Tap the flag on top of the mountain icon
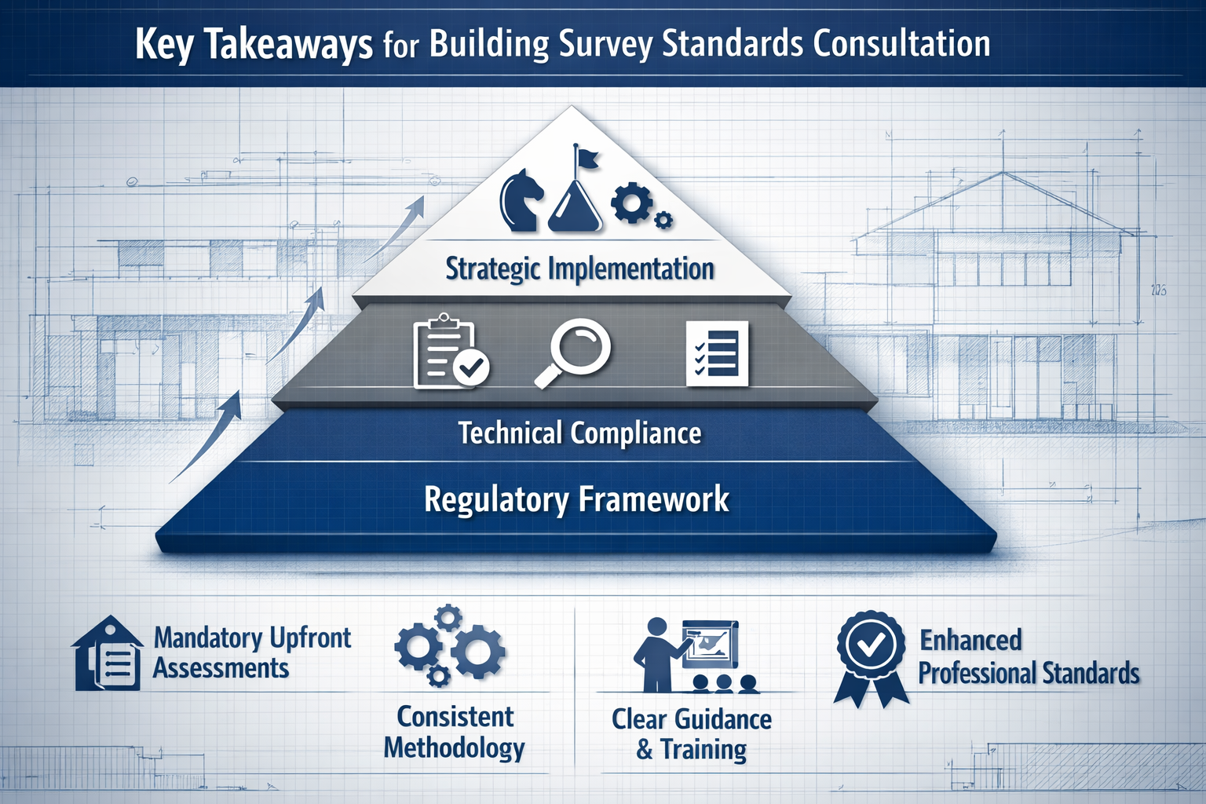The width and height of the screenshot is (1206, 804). tap(585, 157)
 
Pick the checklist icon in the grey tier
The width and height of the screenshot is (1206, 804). tap(717, 353)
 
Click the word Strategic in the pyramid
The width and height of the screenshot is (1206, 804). tap(493, 269)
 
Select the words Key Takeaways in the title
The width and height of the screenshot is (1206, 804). tap(253, 44)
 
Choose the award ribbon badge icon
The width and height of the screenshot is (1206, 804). tap(869, 656)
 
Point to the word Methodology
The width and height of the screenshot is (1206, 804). tap(454, 748)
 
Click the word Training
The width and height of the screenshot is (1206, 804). tap(703, 750)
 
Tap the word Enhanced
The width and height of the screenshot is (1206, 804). tap(970, 640)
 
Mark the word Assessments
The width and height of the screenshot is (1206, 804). tap(221, 668)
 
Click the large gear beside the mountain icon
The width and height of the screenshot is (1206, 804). tap(630, 202)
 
